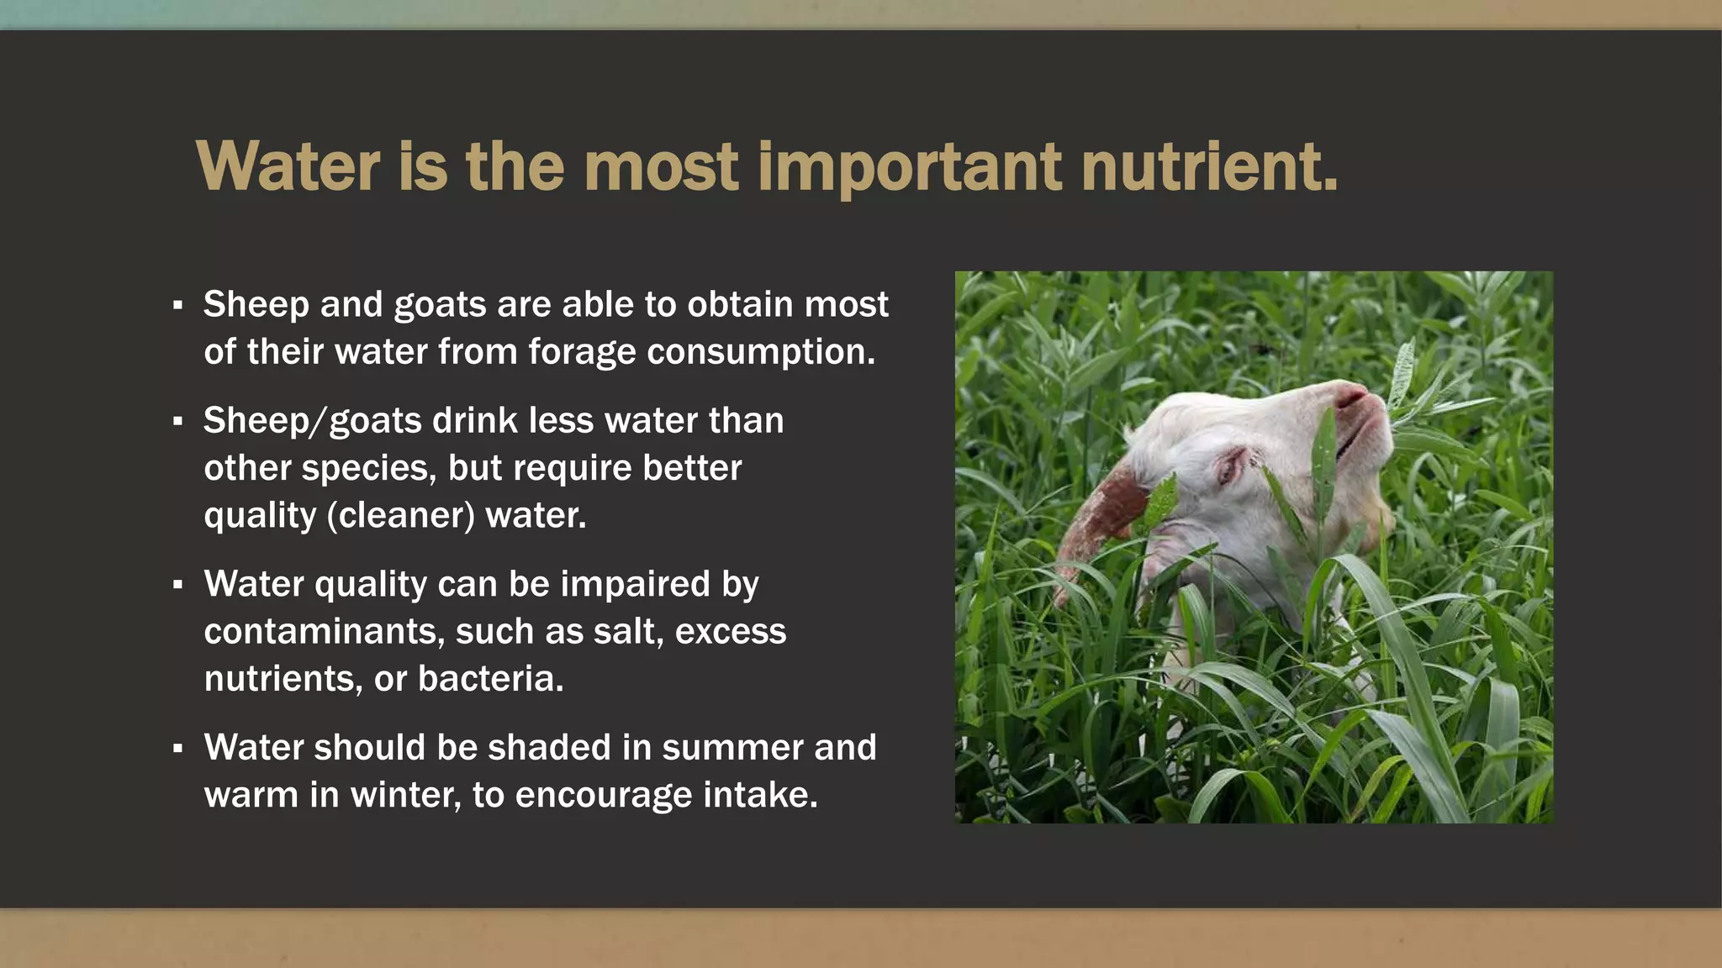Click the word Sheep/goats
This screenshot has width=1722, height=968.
pyautogui.click(x=312, y=421)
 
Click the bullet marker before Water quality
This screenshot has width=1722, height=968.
pyautogui.click(x=177, y=585)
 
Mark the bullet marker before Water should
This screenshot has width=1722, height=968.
pyautogui.click(x=177, y=748)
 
